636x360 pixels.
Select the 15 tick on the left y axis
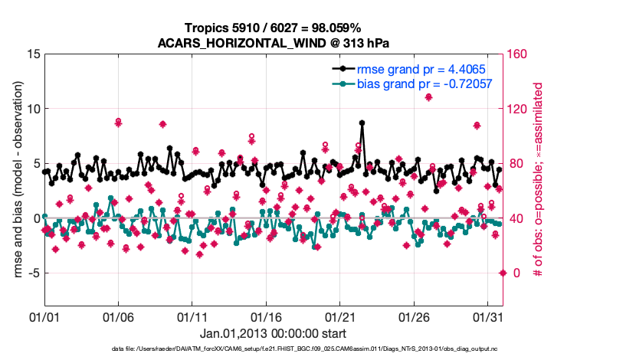33,54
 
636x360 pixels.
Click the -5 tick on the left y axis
33,273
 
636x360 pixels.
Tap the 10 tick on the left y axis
33,109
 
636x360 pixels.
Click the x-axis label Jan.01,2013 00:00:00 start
273,333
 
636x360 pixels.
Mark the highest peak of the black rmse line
362,123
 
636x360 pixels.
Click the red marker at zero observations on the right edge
503,273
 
